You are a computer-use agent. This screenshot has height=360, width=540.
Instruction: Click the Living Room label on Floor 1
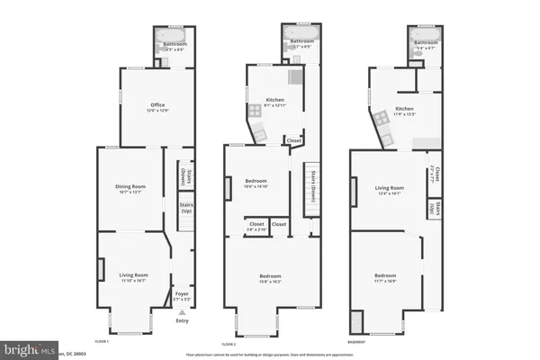click(x=133, y=276)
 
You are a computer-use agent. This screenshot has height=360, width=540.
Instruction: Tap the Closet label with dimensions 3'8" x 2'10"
click(x=256, y=226)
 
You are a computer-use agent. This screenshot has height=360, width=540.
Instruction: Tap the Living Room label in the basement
click(x=389, y=190)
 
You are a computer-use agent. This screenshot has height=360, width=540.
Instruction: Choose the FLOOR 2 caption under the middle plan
click(x=229, y=343)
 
